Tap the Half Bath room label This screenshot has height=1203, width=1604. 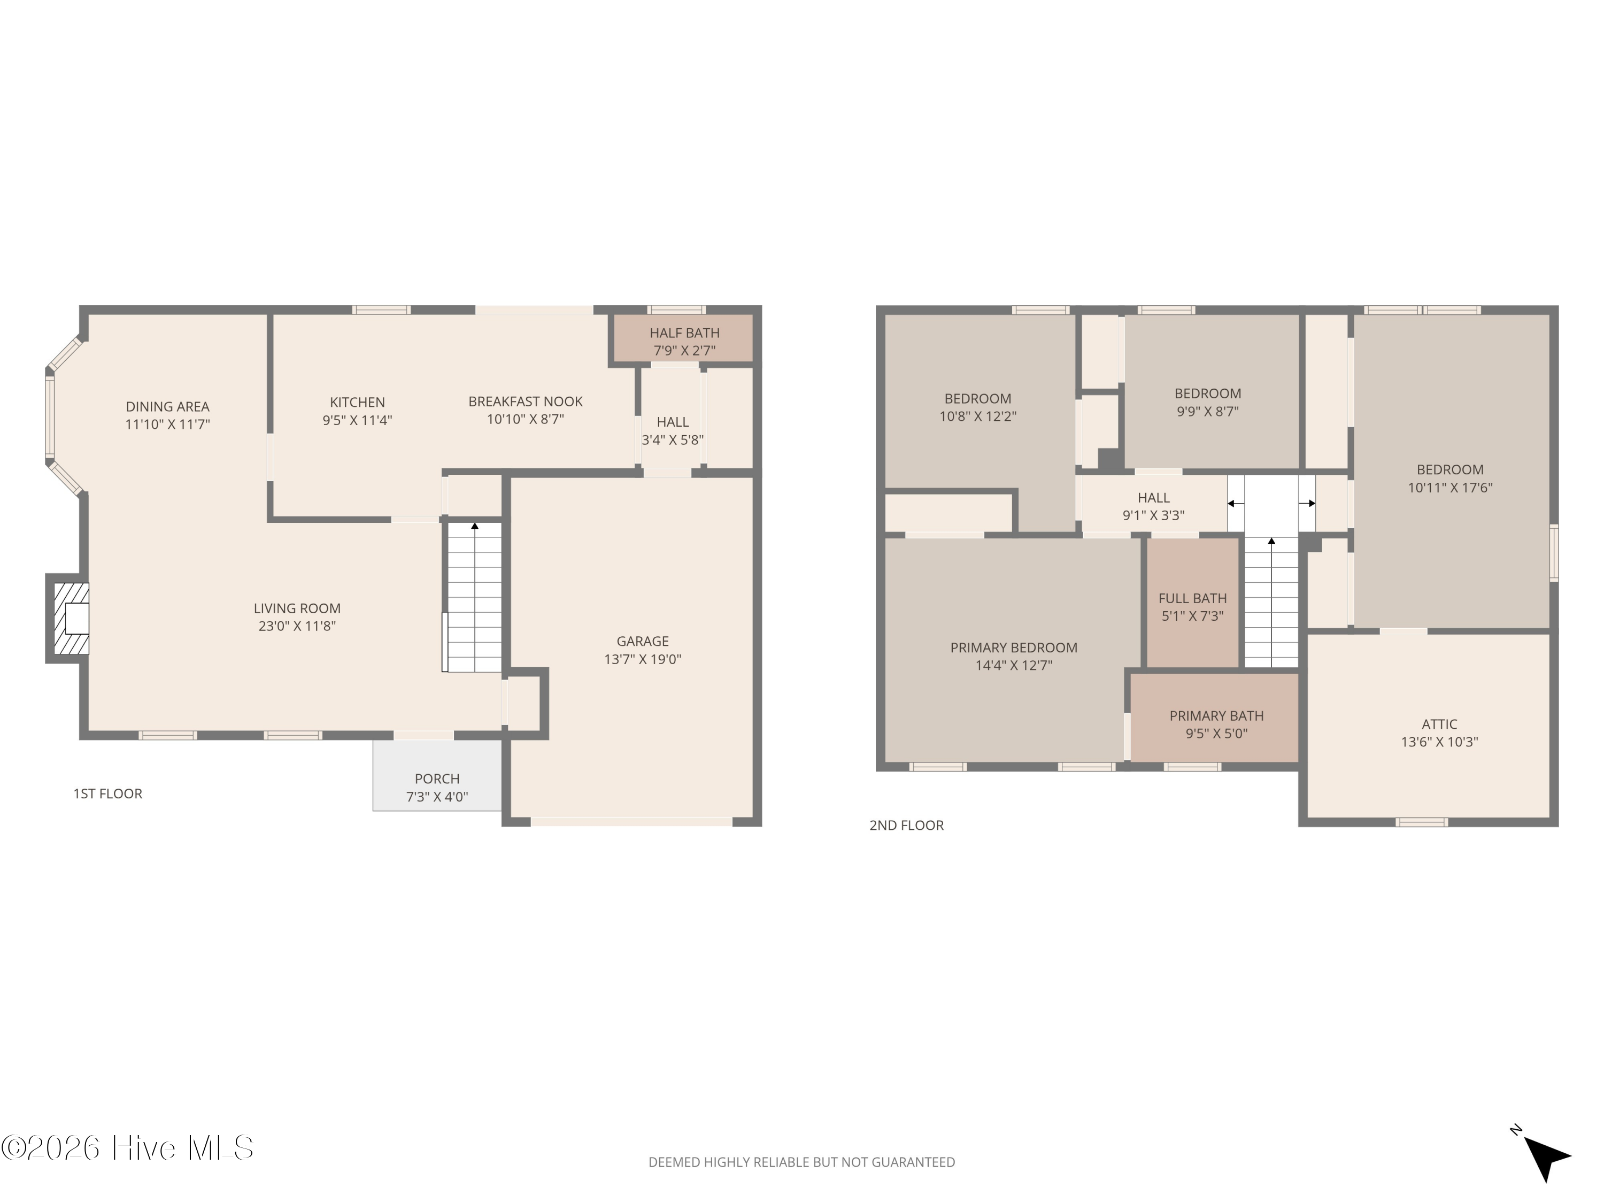684,333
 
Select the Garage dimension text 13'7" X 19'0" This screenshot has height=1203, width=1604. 643,659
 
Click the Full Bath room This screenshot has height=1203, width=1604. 1192,603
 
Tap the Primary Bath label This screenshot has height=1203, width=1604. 1216,716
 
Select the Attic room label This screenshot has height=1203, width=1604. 1439,724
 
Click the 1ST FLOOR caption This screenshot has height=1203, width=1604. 107,793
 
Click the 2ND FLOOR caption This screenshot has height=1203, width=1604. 906,825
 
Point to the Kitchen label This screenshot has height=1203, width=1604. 358,402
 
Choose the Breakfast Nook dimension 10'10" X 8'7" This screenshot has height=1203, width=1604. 525,419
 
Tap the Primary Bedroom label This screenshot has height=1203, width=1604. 1014,647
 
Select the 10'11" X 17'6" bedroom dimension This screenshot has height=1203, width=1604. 1450,487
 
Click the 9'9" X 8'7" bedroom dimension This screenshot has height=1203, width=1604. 1207,411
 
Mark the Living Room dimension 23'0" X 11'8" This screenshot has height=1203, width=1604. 297,626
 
